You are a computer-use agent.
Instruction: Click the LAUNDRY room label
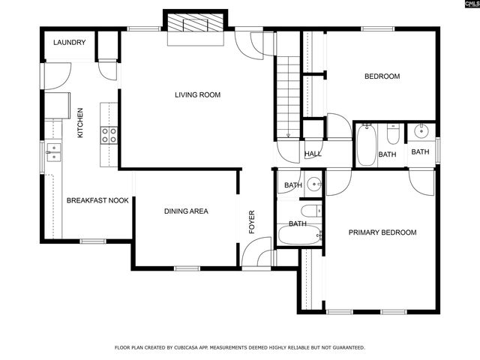pyautogui.click(x=69, y=43)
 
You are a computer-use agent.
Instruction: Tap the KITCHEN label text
pyautogui.click(x=80, y=123)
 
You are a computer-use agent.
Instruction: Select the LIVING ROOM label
pyautogui.click(x=197, y=94)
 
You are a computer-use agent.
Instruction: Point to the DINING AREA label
pyautogui.click(x=186, y=211)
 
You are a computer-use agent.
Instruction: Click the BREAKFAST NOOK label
pyautogui.click(x=97, y=200)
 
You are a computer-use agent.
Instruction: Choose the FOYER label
pyautogui.click(x=252, y=222)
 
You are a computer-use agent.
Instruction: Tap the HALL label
pyautogui.click(x=313, y=154)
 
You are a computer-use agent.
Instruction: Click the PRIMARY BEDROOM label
pyautogui.click(x=382, y=232)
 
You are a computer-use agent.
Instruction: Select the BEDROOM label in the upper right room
pyautogui.click(x=382, y=76)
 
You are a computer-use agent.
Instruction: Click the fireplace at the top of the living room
pyautogui.click(x=196, y=24)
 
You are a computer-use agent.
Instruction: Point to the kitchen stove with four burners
pyautogui.click(x=109, y=135)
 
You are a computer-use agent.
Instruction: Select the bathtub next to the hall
pyautogui.click(x=366, y=145)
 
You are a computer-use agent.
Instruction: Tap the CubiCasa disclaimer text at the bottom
pyautogui.click(x=239, y=347)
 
